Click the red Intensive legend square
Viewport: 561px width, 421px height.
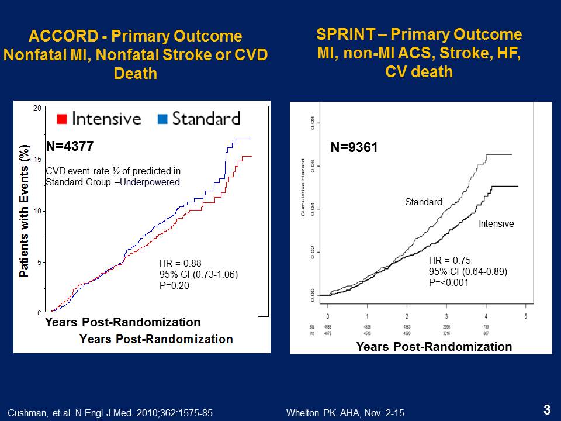click(61, 119)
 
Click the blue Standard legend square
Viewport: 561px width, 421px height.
click(163, 119)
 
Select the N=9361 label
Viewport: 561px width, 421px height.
click(354, 149)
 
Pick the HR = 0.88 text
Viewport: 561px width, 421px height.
click(180, 264)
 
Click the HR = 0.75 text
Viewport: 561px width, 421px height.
click(450, 261)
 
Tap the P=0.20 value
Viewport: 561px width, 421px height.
click(175, 285)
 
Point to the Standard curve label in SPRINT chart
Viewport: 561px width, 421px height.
click(424, 202)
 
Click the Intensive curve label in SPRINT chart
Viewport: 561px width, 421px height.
click(496, 223)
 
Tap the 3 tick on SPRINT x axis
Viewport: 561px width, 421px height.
click(446, 316)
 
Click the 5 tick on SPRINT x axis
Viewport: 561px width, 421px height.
click(525, 316)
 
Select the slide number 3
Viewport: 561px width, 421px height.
click(546, 410)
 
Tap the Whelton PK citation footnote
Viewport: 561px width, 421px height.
click(345, 413)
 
